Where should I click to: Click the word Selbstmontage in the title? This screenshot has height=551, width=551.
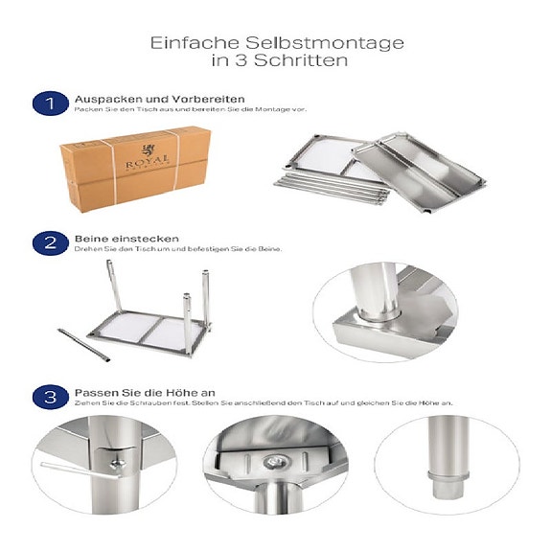(310, 43)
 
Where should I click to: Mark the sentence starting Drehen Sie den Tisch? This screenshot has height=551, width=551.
(178, 249)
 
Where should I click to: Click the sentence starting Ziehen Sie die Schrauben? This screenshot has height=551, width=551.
(264, 404)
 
